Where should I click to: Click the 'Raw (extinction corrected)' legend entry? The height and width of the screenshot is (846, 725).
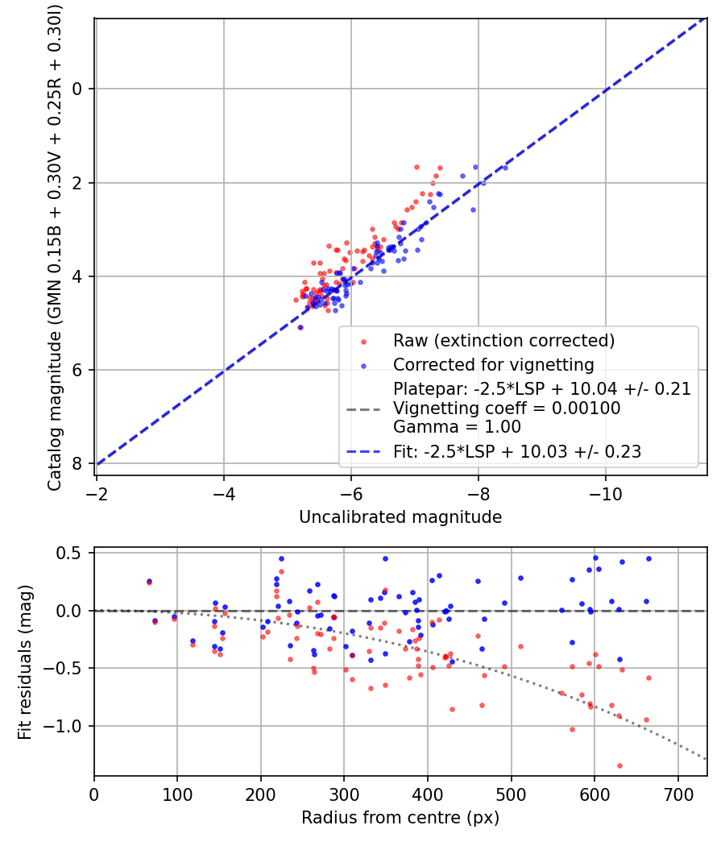pyautogui.click(x=503, y=340)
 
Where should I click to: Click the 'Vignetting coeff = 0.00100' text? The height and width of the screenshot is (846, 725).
pyautogui.click(x=507, y=408)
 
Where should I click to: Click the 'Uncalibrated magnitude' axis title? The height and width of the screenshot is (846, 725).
pyautogui.click(x=400, y=517)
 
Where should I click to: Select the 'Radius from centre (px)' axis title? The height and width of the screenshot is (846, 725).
pyautogui.click(x=400, y=818)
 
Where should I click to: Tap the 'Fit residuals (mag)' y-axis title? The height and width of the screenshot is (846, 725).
pyautogui.click(x=25, y=662)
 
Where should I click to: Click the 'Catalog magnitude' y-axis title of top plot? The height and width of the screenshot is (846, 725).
pyautogui.click(x=55, y=245)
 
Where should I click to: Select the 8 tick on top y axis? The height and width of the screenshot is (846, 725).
pyautogui.click(x=77, y=463)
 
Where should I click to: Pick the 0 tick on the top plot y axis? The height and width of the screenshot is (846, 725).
pyautogui.click(x=77, y=89)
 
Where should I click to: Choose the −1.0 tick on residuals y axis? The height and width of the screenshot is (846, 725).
pyautogui.click(x=67, y=726)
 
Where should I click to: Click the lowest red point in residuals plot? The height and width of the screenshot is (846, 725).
pyautogui.click(x=619, y=765)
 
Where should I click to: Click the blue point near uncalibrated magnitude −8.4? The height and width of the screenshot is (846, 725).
pyautogui.click(x=505, y=168)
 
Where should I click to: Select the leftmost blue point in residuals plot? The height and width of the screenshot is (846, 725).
pyautogui.click(x=149, y=581)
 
